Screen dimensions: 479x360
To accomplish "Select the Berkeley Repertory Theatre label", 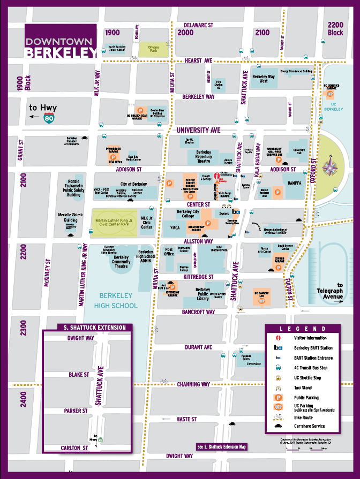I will (204, 156).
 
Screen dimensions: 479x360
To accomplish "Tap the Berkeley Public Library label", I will (196, 294).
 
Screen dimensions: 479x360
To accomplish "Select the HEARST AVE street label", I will (198, 62).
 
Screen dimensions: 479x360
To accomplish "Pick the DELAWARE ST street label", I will (198, 25).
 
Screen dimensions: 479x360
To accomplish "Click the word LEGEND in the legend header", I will (302, 329).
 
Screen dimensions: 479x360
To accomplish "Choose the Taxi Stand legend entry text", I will (305, 387).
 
